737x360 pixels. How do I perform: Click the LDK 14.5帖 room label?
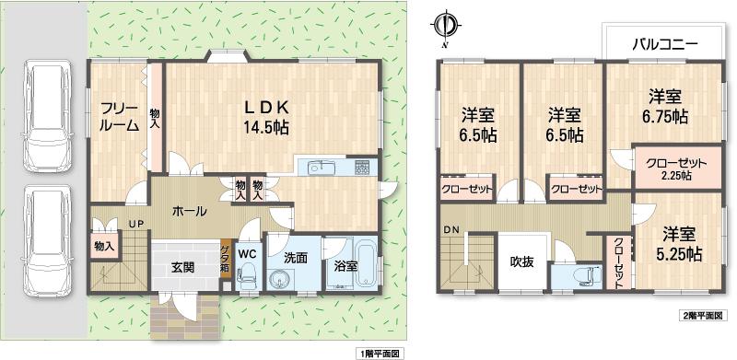[x=266, y=116]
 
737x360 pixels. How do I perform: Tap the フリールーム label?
[x=119, y=116]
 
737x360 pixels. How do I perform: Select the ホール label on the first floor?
[x=189, y=211]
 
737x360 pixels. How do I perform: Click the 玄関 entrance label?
[x=182, y=268]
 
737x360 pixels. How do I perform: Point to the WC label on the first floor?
[x=247, y=251]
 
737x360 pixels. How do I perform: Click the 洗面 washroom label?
[x=296, y=259]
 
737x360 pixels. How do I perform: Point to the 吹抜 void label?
[x=522, y=261]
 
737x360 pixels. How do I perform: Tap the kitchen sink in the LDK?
[x=319, y=167]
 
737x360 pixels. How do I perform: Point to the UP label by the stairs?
[x=135, y=224]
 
